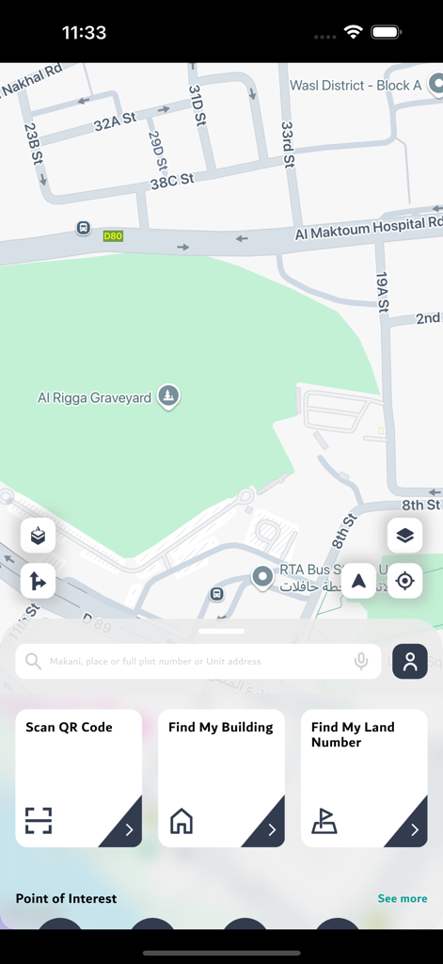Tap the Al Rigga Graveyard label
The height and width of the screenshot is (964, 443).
(94, 398)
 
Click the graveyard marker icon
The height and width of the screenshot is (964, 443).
(167, 396)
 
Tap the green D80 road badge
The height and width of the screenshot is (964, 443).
(113, 235)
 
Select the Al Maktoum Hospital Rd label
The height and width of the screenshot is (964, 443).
(367, 227)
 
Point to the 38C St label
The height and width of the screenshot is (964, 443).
(171, 179)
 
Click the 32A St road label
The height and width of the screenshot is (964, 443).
(115, 120)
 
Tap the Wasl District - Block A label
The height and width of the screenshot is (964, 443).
(356, 86)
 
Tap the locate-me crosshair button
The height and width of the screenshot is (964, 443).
(404, 581)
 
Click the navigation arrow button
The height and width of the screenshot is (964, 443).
(358, 581)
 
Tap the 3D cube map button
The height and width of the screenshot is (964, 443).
(38, 536)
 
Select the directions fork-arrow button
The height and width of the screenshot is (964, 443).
(38, 581)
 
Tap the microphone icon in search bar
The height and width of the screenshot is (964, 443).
(361, 662)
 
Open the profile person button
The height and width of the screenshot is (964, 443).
(410, 662)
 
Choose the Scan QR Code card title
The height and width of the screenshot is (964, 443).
(69, 727)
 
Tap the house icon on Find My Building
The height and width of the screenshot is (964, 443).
(182, 821)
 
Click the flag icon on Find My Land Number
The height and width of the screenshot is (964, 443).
(324, 821)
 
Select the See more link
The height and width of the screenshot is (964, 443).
(403, 898)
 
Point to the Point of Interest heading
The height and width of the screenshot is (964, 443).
(66, 898)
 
